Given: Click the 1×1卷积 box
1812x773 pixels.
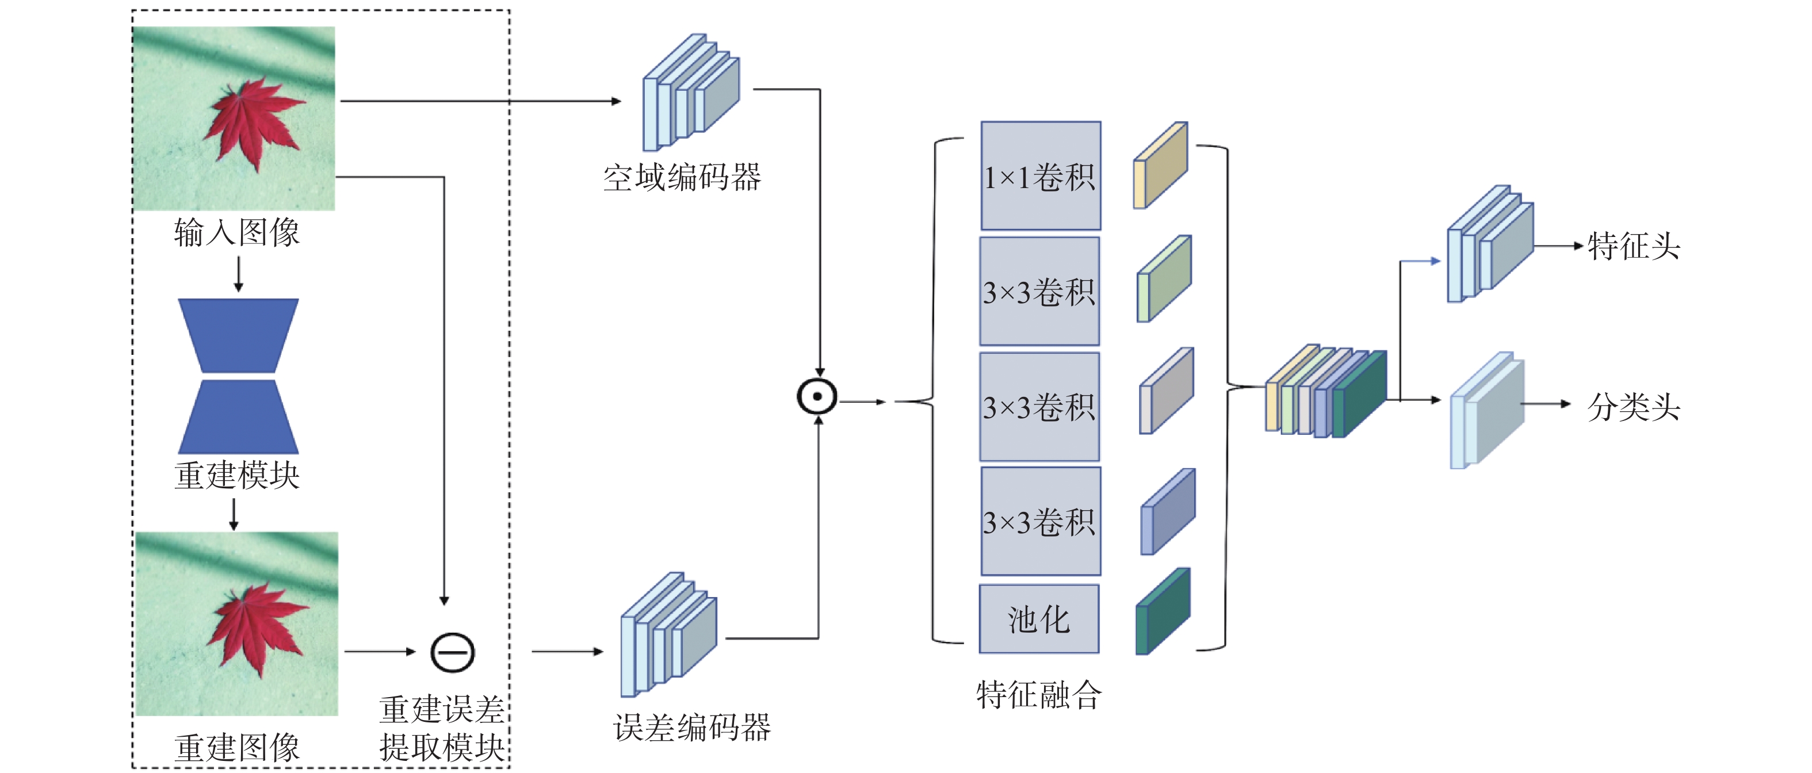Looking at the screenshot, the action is pyautogui.click(x=1041, y=176).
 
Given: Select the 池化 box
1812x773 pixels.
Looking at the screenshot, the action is pyautogui.click(x=1039, y=619).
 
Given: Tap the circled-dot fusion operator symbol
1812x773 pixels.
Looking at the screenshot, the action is pyautogui.click(x=817, y=396).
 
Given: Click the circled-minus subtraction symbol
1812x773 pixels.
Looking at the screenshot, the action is pyautogui.click(x=452, y=652).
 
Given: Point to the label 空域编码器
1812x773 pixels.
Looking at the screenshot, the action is pyautogui.click(x=682, y=177).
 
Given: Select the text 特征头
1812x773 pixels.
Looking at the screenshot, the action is pyautogui.click(x=1633, y=247).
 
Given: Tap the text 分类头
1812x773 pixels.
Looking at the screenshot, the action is pyautogui.click(x=1633, y=407).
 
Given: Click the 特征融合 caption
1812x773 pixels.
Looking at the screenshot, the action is pyautogui.click(x=1039, y=695).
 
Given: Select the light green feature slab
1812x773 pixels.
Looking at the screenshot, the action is pyautogui.click(x=1164, y=278).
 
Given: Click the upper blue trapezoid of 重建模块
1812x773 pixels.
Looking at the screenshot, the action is pyautogui.click(x=239, y=335).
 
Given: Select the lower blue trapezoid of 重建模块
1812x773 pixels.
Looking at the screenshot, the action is pyautogui.click(x=239, y=417).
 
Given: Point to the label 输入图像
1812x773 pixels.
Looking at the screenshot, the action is pyautogui.click(x=237, y=232).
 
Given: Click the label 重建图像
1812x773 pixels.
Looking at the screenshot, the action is pyautogui.click(x=237, y=747).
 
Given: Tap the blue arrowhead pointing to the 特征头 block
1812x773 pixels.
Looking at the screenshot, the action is pyautogui.click(x=1436, y=261).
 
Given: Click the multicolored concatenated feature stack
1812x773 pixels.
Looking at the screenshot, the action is pyautogui.click(x=1326, y=391).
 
